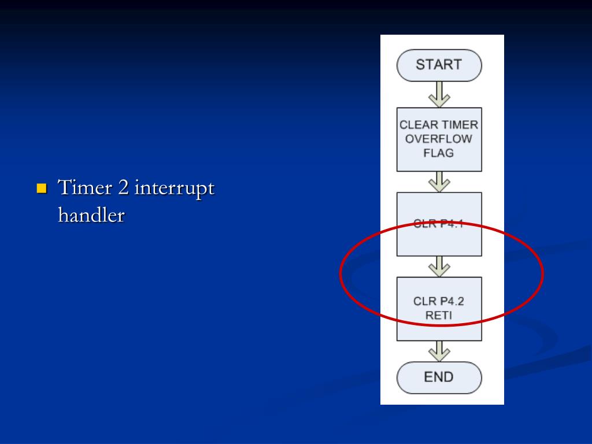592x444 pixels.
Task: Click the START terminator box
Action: [x=439, y=65]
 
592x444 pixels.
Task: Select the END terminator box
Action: [x=439, y=378]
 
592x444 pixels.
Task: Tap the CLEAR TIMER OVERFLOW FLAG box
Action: [x=439, y=139]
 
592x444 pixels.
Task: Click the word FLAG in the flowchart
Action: [x=439, y=153]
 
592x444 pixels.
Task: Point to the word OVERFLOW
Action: [x=439, y=139]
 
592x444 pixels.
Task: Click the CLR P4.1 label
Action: [x=439, y=223]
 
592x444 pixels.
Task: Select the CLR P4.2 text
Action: [x=439, y=301]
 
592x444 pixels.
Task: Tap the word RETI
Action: [x=439, y=315]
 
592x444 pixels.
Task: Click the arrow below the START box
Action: [x=439, y=94]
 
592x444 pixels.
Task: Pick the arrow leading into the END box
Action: [x=439, y=351]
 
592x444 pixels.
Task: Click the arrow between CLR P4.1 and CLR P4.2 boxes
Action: [x=439, y=266]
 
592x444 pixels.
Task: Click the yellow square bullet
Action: [x=42, y=188]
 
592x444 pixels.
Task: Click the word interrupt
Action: [x=175, y=189]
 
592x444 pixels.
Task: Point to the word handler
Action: [x=91, y=215]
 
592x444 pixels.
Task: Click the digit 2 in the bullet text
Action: [x=123, y=188]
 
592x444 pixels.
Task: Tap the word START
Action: [x=439, y=65]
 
